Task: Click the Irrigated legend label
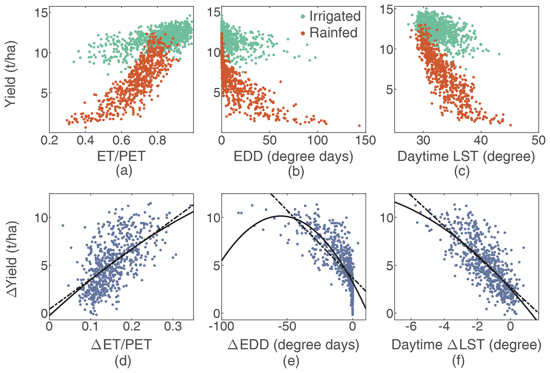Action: [335, 16]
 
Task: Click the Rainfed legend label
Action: [333, 33]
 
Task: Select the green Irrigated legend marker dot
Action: [303, 16]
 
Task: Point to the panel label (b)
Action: [296, 171]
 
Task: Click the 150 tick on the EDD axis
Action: [366, 141]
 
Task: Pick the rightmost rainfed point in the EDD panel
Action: [359, 126]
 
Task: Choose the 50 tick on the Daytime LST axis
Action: [539, 141]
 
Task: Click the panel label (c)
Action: [462, 171]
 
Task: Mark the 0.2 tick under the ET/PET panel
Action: [49, 141]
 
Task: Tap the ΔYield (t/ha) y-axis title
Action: [12, 259]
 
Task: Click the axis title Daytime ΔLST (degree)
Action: [466, 345]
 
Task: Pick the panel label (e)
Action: [291, 361]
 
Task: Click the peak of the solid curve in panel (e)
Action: [281, 216]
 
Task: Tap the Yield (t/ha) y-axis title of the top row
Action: [11, 74]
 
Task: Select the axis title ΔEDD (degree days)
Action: [293, 345]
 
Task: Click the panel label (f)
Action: [458, 361]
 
